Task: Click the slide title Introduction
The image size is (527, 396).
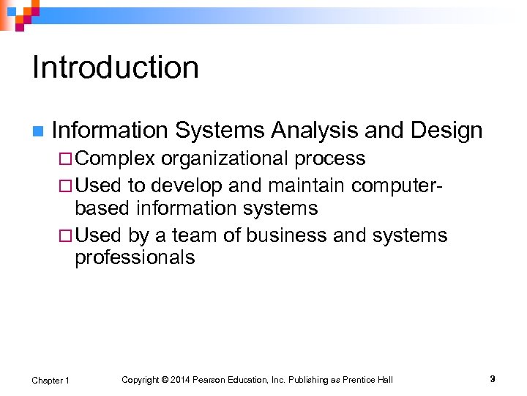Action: coord(116,67)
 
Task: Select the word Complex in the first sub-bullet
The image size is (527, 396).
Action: coord(115,158)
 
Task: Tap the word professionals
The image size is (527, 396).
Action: coord(135,258)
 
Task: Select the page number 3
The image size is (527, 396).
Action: coord(493,379)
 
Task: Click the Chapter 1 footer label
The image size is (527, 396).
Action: coord(51,380)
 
